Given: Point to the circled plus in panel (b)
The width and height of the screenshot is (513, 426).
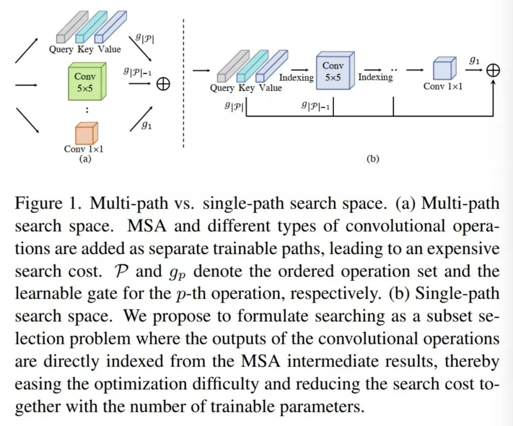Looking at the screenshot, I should pyautogui.click(x=494, y=71).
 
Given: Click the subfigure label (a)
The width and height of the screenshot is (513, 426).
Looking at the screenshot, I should pyautogui.click(x=85, y=159).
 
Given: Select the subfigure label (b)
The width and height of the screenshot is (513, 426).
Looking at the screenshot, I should pyautogui.click(x=373, y=159).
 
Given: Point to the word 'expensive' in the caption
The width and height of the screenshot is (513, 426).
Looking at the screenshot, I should pyautogui.click(x=459, y=249).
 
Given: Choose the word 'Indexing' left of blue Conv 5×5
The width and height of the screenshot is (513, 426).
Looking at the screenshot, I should pyautogui.click(x=296, y=77).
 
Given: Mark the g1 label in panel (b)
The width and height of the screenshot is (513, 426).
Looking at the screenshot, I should pyautogui.click(x=474, y=60).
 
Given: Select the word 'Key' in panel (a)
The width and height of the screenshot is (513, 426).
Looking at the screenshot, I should pyautogui.click(x=85, y=49).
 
